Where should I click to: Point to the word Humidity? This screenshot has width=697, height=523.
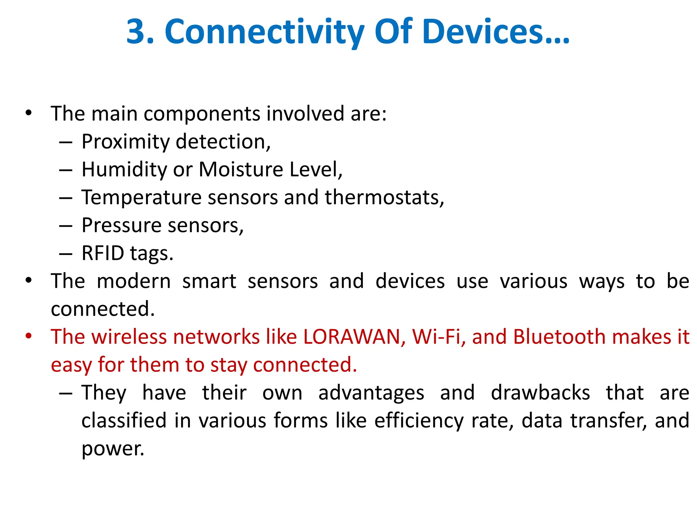pyautogui.click(x=124, y=170)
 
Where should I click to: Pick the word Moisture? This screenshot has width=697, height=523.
pyautogui.click(x=241, y=169)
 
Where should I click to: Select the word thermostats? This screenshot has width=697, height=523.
pyautogui.click(x=384, y=197)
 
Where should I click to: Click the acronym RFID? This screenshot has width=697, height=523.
pyautogui.click(x=103, y=253)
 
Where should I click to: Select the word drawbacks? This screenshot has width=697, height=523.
pyautogui.click(x=540, y=393)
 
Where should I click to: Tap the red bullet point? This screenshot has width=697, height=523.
pyautogui.click(x=29, y=336)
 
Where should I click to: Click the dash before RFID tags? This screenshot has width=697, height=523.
pyautogui.click(x=65, y=254)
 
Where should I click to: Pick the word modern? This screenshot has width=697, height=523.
pyautogui.click(x=134, y=281)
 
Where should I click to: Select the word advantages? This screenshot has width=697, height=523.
pyautogui.click(x=371, y=393)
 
